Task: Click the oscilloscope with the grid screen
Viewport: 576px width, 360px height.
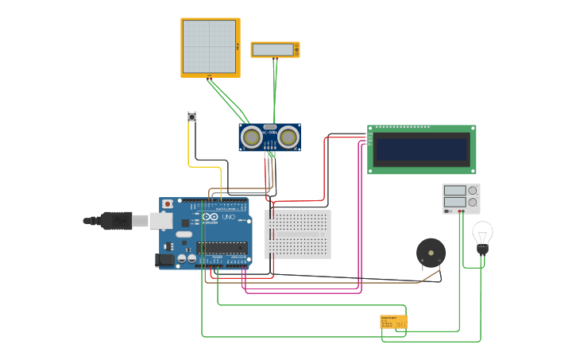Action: tap(210, 47)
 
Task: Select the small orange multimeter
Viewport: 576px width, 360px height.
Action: tap(275, 49)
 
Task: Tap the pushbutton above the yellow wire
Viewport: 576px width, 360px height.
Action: tap(191, 117)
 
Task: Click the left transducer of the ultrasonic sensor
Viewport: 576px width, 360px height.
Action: tap(253, 137)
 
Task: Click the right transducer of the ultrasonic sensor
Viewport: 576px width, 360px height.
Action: tap(288, 137)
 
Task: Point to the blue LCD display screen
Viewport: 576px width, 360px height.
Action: tap(422, 149)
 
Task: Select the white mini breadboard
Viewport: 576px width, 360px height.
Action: tap(298, 234)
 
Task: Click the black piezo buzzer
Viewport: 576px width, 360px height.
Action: tap(431, 254)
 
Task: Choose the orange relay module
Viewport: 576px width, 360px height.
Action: tap(393, 322)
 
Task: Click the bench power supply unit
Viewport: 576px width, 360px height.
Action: tap(461, 199)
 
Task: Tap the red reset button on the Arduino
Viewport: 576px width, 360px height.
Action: tap(167, 204)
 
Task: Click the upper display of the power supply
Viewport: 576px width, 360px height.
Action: tap(454, 191)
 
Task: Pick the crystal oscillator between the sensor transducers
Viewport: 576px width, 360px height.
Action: tap(270, 127)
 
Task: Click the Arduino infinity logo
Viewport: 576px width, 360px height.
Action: tap(210, 217)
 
